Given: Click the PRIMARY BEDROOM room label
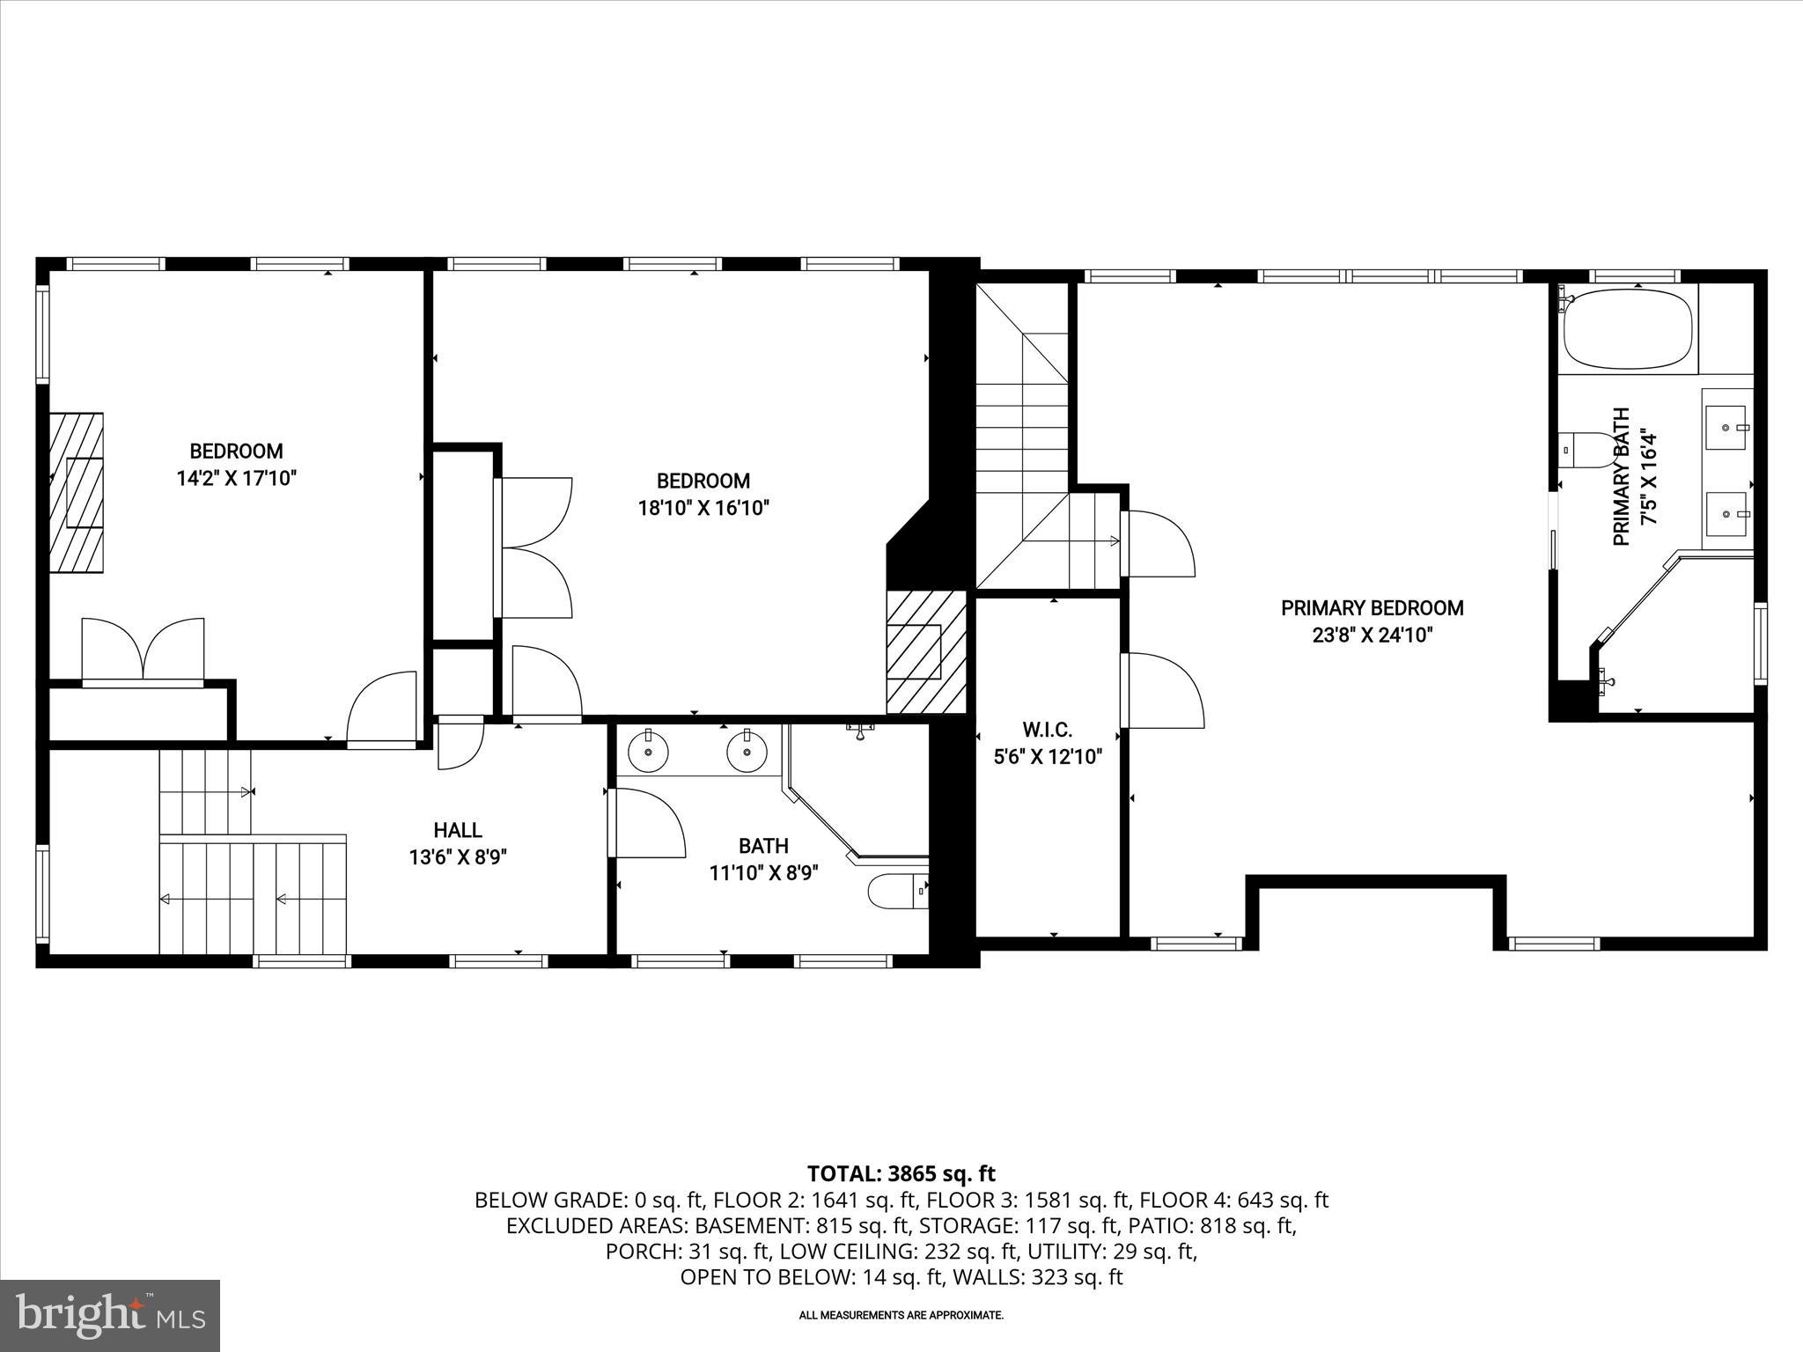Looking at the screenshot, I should pyautogui.click(x=1372, y=607).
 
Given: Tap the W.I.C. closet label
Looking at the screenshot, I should pyautogui.click(x=1047, y=729).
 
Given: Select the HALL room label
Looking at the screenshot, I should pyautogui.click(x=457, y=829).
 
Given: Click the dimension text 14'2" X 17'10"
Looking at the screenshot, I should pyautogui.click(x=236, y=479).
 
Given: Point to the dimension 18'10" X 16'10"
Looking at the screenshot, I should pyautogui.click(x=703, y=508).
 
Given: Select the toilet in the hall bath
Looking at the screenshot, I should pyautogui.click(x=896, y=891).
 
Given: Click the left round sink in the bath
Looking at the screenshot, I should pyautogui.click(x=649, y=753).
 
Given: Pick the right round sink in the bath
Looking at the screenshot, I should pyautogui.click(x=747, y=753).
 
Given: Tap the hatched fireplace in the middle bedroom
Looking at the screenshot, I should pyautogui.click(x=925, y=651).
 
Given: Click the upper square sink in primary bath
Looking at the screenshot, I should pyautogui.click(x=1726, y=427).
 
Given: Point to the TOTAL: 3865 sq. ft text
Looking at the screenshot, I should pyautogui.click(x=901, y=1173).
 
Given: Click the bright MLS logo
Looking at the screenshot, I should pyautogui.click(x=110, y=1315).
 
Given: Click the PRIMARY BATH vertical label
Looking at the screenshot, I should pyautogui.click(x=1635, y=475).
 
